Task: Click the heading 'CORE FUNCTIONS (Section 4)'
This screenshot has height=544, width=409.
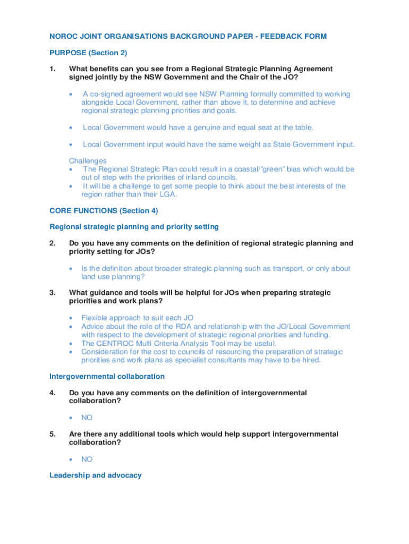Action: pos(104,210)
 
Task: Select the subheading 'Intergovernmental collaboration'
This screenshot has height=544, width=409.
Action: pos(107,376)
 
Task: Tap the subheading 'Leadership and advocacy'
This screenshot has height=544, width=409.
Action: pos(96,475)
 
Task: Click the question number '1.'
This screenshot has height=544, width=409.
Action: pos(53,69)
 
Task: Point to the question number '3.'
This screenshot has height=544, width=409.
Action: pos(53,293)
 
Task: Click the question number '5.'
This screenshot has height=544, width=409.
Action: pos(53,434)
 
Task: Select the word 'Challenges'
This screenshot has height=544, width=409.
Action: pos(88,160)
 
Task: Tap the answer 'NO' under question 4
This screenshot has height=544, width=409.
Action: pos(87,418)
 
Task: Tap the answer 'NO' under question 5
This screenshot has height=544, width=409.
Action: pos(87,459)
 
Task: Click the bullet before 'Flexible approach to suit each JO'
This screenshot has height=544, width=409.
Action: pos(71,318)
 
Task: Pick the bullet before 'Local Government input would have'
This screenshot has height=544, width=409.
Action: pos(71,144)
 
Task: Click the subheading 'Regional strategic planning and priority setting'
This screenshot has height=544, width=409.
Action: pos(134,227)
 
